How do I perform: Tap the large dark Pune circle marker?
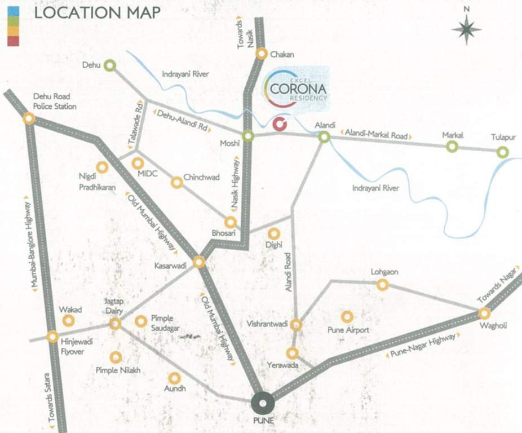click(x=263, y=403)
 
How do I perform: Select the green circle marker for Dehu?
click(x=110, y=65)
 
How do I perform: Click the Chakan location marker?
click(x=262, y=54)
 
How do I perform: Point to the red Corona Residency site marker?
click(x=279, y=124)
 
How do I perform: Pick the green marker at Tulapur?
click(x=502, y=152)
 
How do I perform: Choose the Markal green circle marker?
click(x=452, y=147)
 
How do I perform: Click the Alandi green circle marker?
click(x=324, y=136)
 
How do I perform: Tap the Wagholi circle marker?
click(x=484, y=313)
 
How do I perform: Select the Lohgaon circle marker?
click(x=383, y=285)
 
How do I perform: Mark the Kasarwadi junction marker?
click(x=199, y=262)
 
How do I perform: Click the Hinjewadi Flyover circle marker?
click(x=52, y=337)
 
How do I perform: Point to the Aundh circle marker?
click(x=174, y=378)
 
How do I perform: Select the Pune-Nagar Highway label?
click(x=422, y=346)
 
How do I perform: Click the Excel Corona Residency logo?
click(x=297, y=87)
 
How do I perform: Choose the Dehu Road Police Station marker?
click(x=29, y=118)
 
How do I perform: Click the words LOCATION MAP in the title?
click(x=97, y=12)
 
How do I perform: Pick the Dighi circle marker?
click(x=274, y=233)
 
